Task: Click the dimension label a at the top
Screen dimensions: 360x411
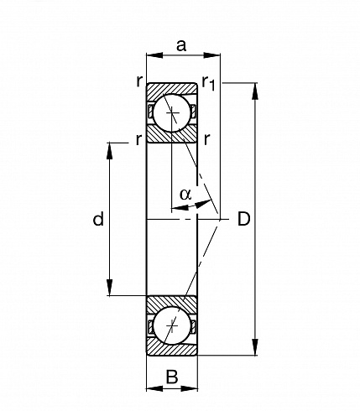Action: (x=181, y=45)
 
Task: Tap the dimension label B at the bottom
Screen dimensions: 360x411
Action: (x=172, y=377)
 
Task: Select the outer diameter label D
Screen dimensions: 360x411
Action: (x=243, y=219)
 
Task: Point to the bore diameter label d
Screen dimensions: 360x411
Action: (x=98, y=219)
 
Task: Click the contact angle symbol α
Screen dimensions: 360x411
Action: (x=185, y=195)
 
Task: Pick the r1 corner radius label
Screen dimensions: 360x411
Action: (x=209, y=83)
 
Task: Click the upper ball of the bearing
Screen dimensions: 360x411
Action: (x=172, y=113)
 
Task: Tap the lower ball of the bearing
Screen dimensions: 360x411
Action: (x=172, y=325)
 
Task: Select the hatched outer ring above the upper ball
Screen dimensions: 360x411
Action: (x=171, y=89)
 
